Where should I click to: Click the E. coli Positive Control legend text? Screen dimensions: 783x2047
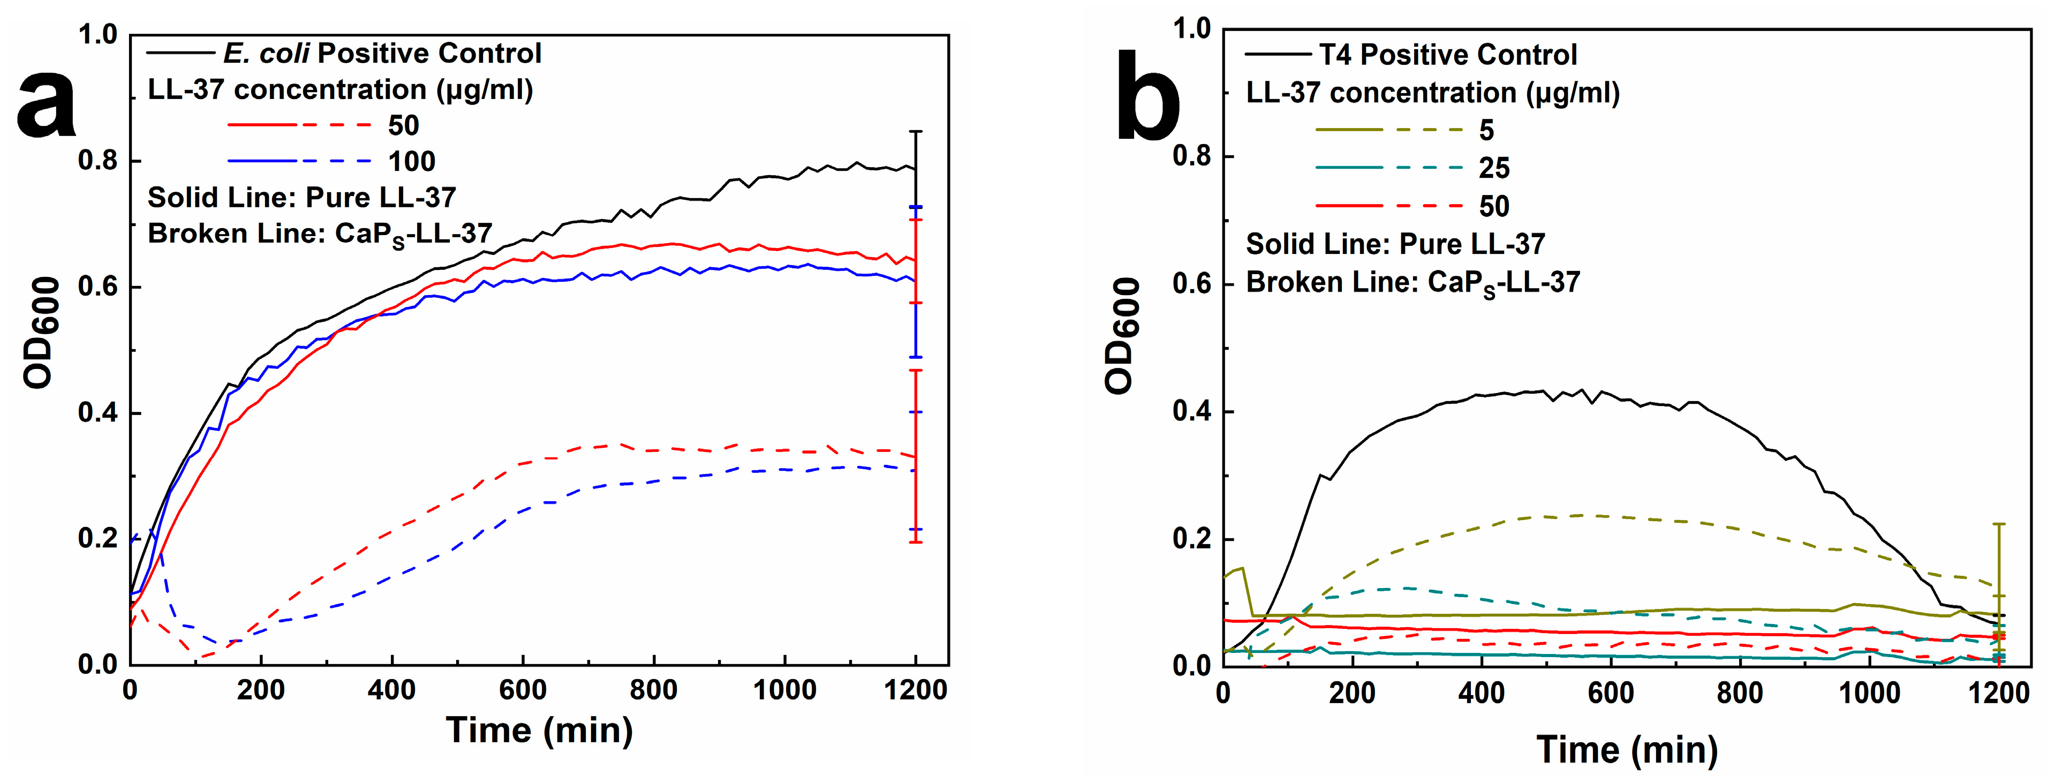[x=382, y=53]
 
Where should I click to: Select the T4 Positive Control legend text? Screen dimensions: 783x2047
[x=1448, y=55]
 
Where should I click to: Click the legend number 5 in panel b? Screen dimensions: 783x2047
[x=1486, y=130]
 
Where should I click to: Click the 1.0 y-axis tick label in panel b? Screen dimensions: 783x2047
[x=1191, y=29]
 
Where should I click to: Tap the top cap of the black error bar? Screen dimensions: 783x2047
[x=916, y=131]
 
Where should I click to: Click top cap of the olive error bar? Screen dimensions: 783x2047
[x=1999, y=524]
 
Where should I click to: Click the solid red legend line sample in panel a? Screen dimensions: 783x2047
[x=262, y=125]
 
